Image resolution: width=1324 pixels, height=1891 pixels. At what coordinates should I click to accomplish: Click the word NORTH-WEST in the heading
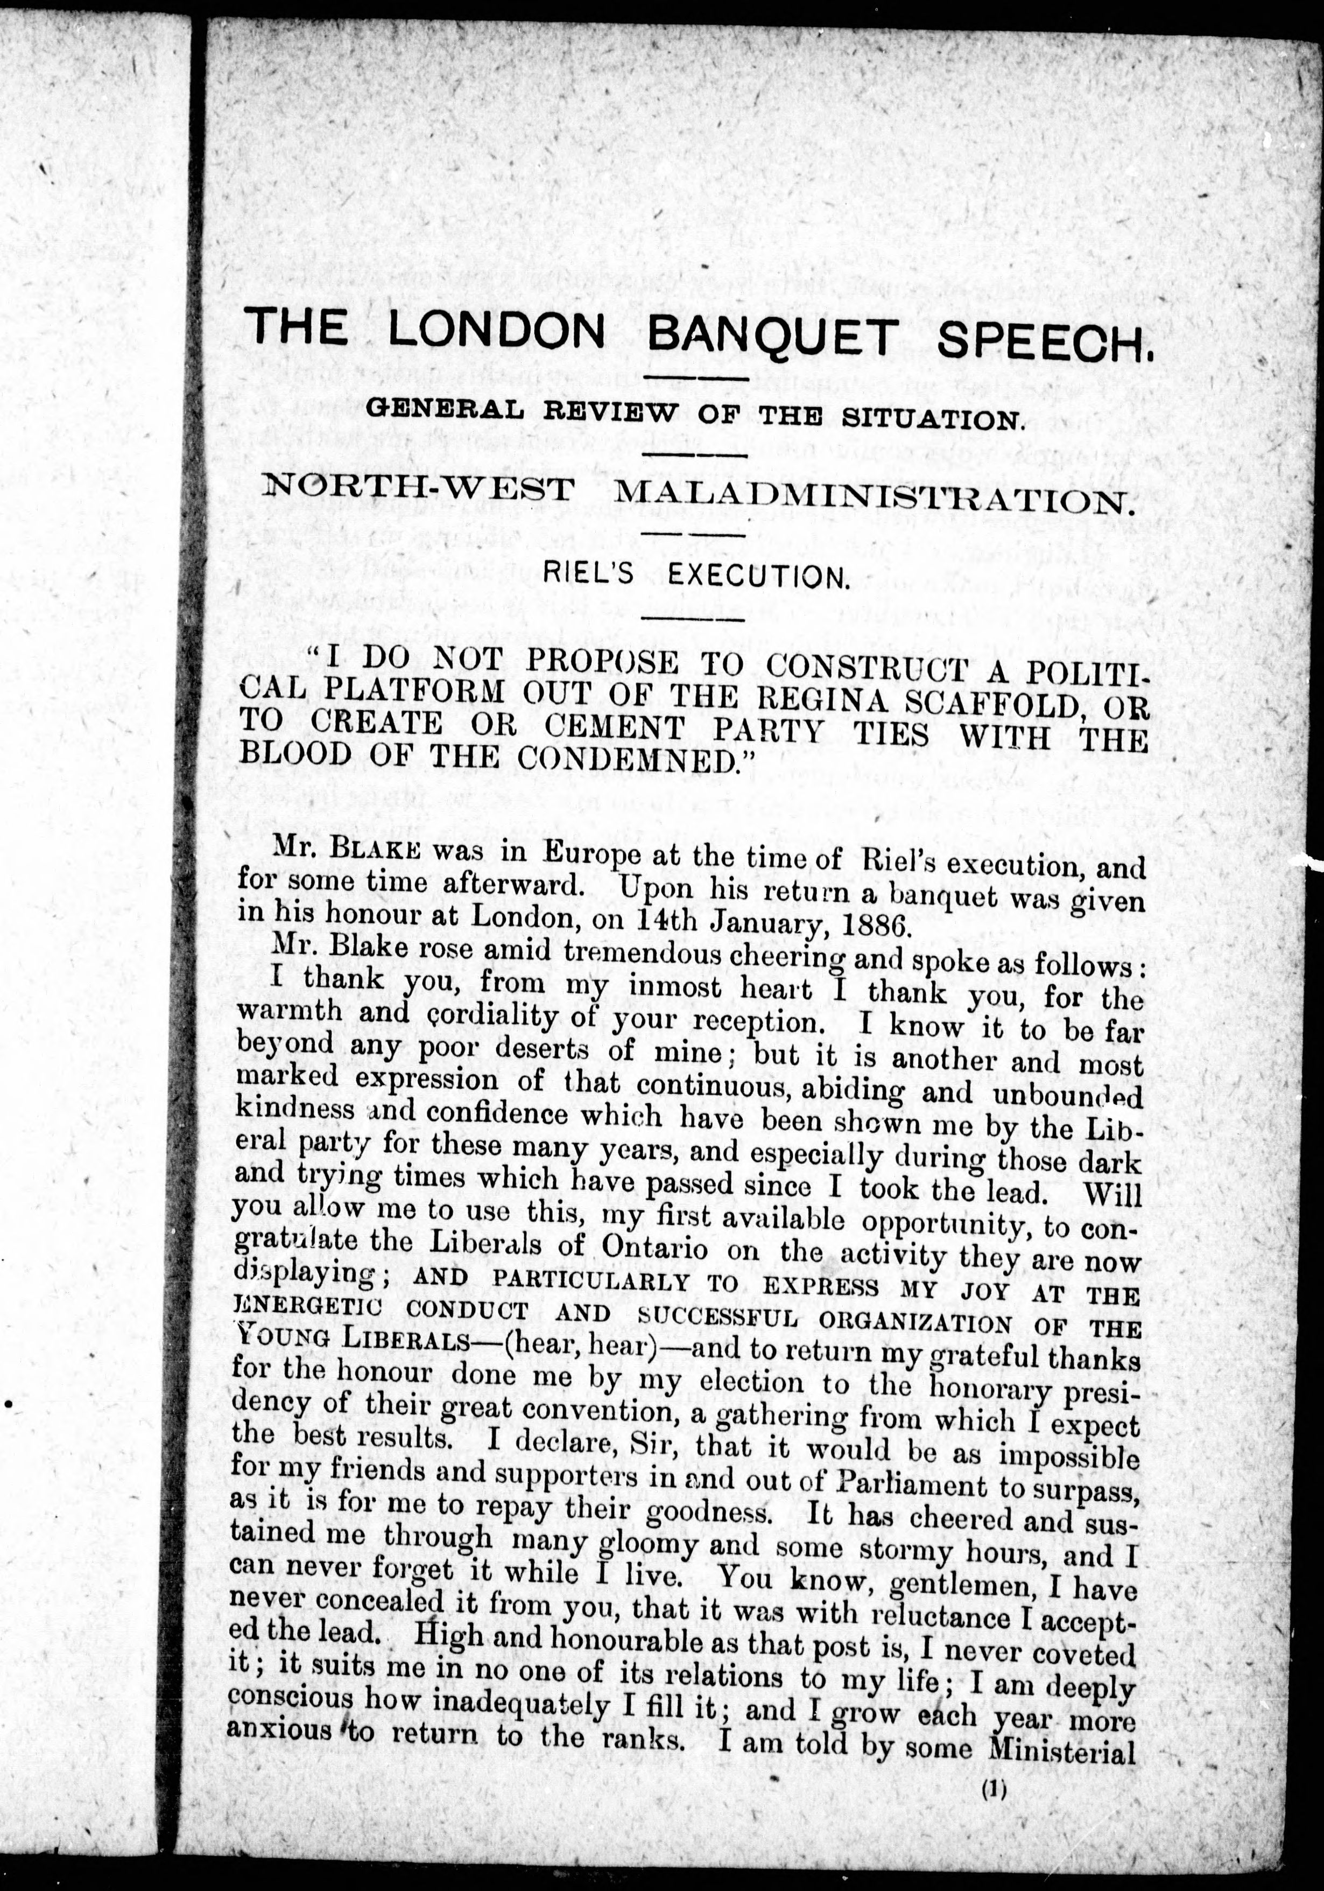pyautogui.click(x=418, y=489)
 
